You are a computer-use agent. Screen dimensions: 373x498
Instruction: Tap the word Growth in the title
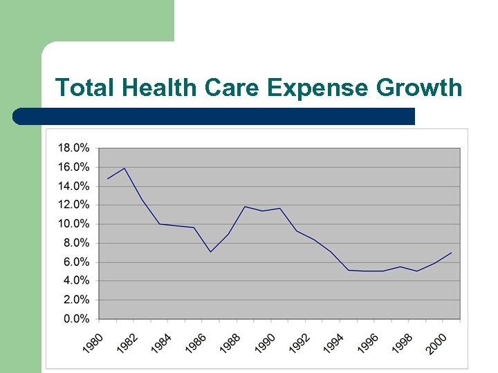coord(419,88)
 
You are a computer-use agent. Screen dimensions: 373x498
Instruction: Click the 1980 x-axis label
coord(93,343)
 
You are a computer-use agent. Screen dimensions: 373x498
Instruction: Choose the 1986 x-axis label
coord(196,343)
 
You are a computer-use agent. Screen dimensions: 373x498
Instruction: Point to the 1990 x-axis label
coord(265,343)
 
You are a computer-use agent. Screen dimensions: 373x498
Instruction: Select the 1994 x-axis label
coord(333,343)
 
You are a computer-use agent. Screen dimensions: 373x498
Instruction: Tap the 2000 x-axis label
coord(436,343)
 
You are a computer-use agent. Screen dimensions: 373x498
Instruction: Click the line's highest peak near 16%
coord(124,168)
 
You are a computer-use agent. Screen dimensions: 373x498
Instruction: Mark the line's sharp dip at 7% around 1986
coord(210,251)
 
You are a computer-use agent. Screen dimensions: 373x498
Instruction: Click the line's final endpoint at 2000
coord(451,253)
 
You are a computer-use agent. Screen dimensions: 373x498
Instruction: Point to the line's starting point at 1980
coord(107,179)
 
